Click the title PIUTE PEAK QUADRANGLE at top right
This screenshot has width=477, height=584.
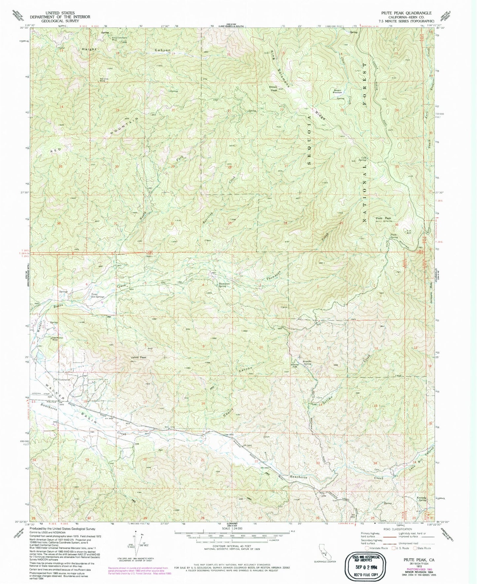click(x=406, y=13)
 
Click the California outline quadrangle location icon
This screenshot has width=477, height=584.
click(x=324, y=555)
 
